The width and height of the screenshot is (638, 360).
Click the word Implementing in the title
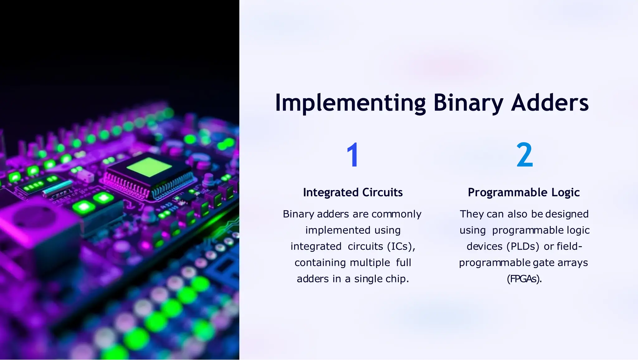[x=350, y=103]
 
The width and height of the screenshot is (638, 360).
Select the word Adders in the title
[x=550, y=103]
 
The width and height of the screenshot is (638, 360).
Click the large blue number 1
[x=353, y=155]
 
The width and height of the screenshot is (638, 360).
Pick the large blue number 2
[x=524, y=155]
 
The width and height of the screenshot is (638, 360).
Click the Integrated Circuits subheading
[x=353, y=192]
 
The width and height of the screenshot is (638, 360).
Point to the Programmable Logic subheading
[x=524, y=192]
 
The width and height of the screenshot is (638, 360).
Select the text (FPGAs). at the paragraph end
[x=524, y=279]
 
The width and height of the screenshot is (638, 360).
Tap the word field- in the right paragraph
[x=569, y=247]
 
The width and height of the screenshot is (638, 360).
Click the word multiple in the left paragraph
[x=370, y=263]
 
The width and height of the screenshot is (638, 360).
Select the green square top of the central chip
[x=149, y=167]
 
